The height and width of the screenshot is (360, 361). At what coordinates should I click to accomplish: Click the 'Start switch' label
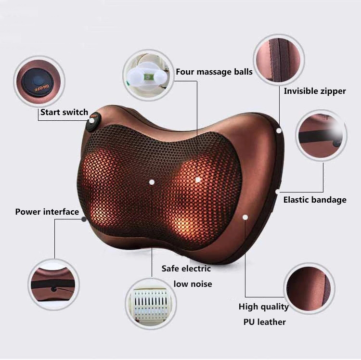(64, 112)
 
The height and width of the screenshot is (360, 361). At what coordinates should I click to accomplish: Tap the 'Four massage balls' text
(214, 72)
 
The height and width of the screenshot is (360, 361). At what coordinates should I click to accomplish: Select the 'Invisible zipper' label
(315, 91)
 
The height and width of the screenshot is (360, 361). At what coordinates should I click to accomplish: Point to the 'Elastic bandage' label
(315, 200)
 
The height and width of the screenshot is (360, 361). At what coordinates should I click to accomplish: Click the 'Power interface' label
(47, 212)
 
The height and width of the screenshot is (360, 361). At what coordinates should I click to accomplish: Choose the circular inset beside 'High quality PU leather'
(309, 288)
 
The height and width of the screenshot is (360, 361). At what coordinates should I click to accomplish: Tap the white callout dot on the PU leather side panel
(245, 218)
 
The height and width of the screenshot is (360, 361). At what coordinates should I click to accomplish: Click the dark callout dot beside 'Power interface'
(84, 219)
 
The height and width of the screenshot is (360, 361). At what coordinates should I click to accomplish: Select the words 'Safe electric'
(186, 269)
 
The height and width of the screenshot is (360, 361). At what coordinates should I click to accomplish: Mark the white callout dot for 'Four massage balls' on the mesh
(198, 179)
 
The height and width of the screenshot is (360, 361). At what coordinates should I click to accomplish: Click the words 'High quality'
(264, 307)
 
